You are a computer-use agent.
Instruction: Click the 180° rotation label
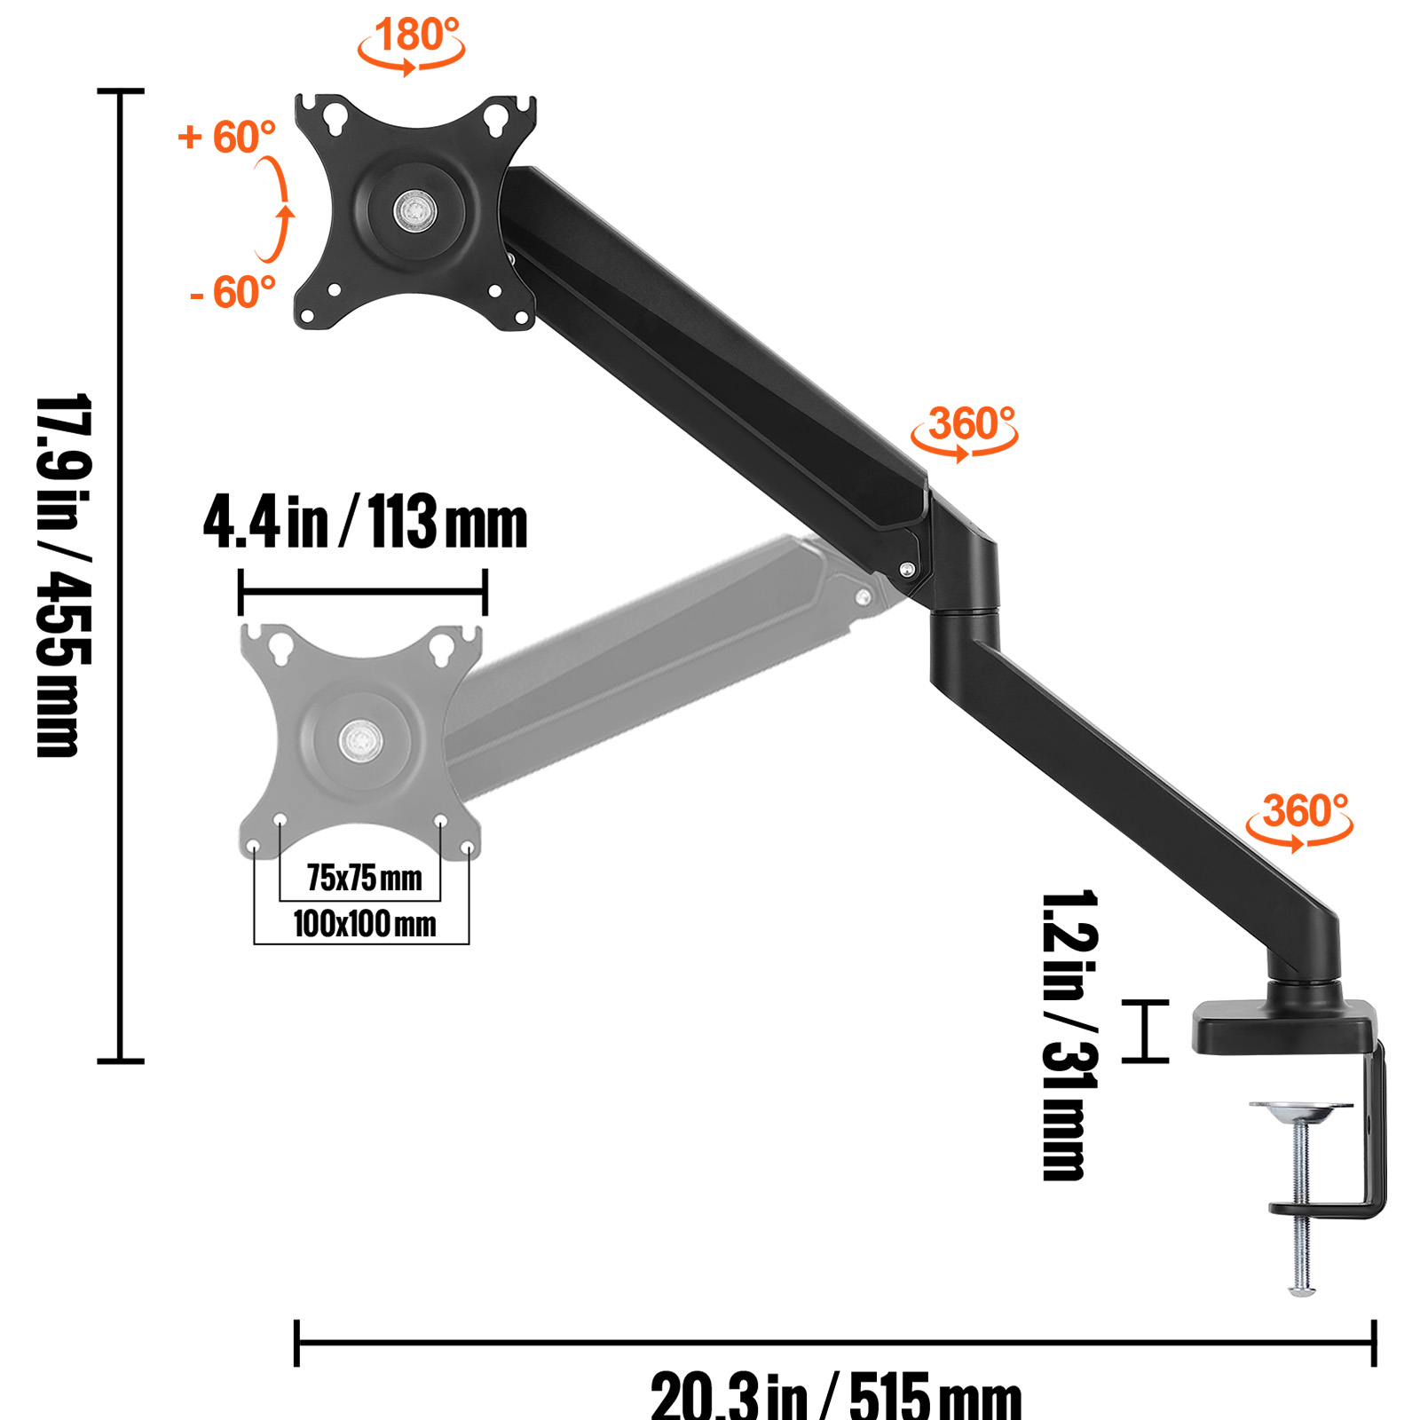tap(415, 35)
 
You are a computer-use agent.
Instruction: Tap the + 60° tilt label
tap(227, 138)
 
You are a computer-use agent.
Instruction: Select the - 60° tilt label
tap(233, 293)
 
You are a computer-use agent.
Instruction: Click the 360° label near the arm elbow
tap(971, 424)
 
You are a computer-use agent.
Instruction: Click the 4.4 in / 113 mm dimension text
tap(365, 523)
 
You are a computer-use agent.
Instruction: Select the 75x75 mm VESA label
tap(364, 879)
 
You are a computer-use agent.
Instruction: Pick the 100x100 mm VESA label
tap(364, 925)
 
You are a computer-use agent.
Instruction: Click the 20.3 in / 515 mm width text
tap(836, 1395)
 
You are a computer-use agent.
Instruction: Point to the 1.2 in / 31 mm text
tap(1069, 1035)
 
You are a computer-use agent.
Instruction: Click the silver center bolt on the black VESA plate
tap(414, 211)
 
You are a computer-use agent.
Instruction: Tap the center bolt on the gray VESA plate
tap(360, 738)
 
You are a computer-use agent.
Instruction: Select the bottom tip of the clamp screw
tap(1301, 1289)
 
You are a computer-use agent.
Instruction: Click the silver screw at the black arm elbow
tap(907, 570)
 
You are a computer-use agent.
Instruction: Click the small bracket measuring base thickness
tap(1145, 1030)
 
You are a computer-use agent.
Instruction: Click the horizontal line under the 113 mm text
tap(363, 591)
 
